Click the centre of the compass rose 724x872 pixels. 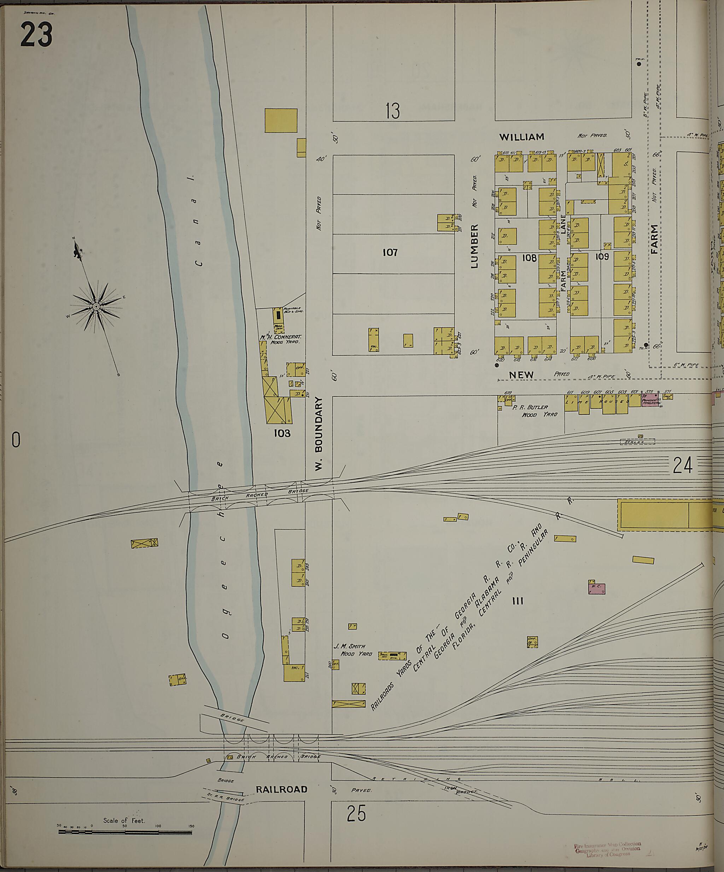click(x=96, y=306)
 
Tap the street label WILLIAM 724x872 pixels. click(x=521, y=137)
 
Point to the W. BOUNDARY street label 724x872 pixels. click(x=319, y=434)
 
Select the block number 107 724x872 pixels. click(x=390, y=252)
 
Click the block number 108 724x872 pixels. click(x=529, y=258)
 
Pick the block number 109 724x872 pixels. click(x=602, y=257)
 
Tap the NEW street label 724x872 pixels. click(x=521, y=374)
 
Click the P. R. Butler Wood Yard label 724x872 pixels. click(x=535, y=411)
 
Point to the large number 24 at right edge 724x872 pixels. click(x=683, y=465)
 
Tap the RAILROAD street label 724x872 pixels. click(x=281, y=790)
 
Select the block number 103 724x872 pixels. click(x=282, y=434)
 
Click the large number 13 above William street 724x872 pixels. click(x=392, y=111)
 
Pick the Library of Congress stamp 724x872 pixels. click(x=608, y=849)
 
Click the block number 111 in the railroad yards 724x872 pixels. click(x=518, y=601)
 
